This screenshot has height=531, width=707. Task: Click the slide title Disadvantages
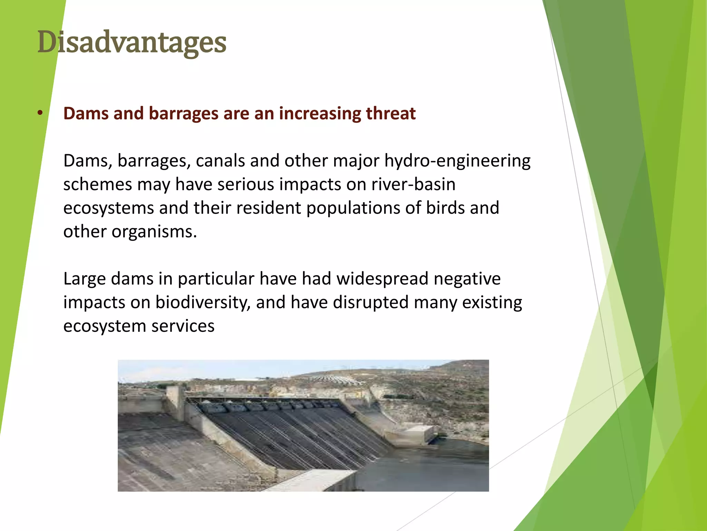pyautogui.click(x=132, y=42)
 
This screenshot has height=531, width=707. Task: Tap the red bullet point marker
pyautogui.click(x=40, y=113)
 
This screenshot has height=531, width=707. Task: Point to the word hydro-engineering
pyautogui.click(x=457, y=161)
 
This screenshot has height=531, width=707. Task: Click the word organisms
pyautogui.click(x=154, y=232)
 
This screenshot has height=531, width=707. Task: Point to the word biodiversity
pyautogui.click(x=203, y=302)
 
